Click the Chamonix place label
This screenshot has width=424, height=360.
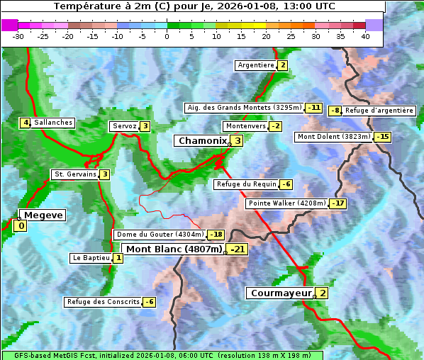coord(202,141)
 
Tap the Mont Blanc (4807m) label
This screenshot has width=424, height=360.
coord(173,249)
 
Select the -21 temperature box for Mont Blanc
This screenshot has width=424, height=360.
coord(237,249)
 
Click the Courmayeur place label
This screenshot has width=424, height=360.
coord(281,293)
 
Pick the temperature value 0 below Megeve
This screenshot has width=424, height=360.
coord(21,226)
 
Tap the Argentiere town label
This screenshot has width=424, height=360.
coord(256,65)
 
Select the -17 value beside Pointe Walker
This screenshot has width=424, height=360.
coord(338,203)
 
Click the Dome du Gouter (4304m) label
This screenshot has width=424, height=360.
coord(160,235)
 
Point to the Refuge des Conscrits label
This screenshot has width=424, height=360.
coord(103,302)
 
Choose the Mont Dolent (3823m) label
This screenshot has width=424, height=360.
coord(333,137)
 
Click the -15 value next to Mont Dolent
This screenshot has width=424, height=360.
coord(383,137)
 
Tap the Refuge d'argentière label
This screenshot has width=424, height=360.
coord(379,111)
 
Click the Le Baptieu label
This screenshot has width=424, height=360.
coord(91,258)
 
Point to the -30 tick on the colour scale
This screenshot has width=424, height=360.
coord(18,35)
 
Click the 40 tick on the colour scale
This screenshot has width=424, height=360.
coord(365,35)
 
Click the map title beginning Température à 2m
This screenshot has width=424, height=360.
coord(194,6)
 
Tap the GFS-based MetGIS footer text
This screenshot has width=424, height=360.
coord(162,355)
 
